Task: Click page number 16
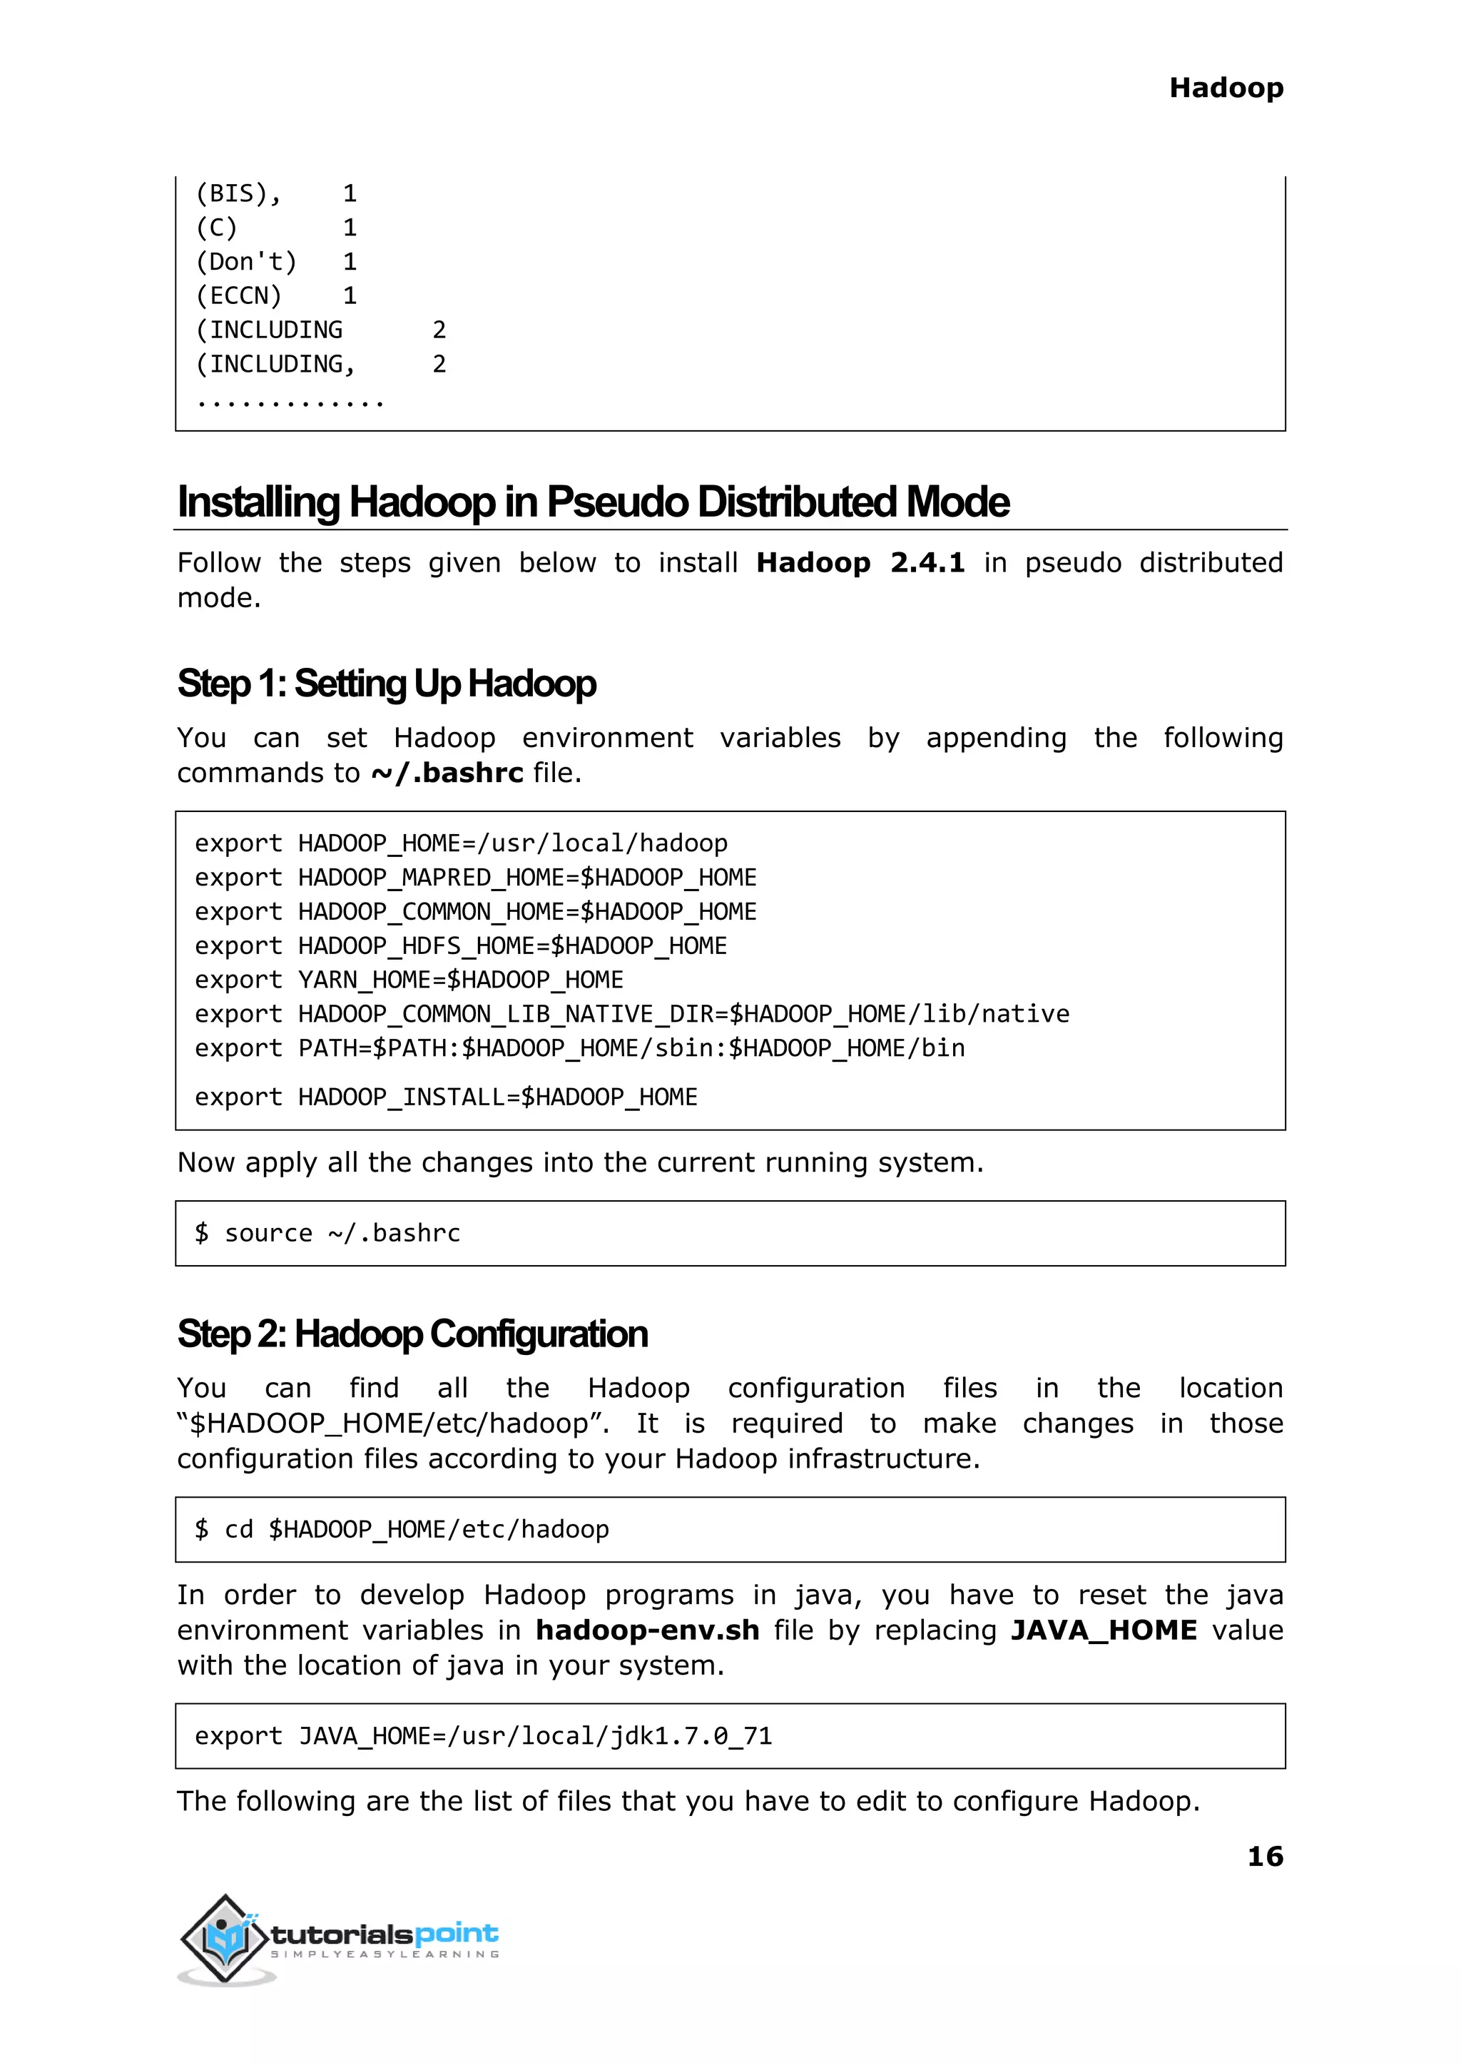pos(1264,1855)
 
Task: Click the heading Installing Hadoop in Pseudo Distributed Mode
pos(593,502)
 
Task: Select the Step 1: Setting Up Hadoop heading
pos(386,683)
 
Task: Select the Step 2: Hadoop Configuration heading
pos(412,1334)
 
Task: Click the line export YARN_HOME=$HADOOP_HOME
pos(409,979)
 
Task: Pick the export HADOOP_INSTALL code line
pos(445,1097)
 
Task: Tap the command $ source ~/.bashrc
pos(327,1233)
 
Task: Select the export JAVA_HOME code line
pos(483,1735)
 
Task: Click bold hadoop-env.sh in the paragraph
pos(647,1630)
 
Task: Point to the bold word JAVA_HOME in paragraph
pos(1103,1630)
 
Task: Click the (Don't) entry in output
pos(245,262)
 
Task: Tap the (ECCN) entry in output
pos(238,296)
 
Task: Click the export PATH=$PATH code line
pos(579,1047)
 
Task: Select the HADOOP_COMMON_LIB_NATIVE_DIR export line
pos(631,1013)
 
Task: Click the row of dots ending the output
pos(290,402)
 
